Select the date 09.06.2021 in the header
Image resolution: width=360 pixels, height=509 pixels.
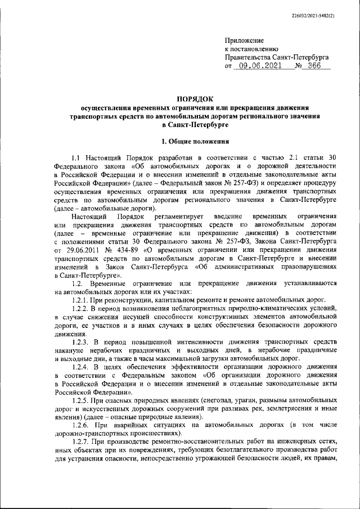(x=261, y=66)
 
